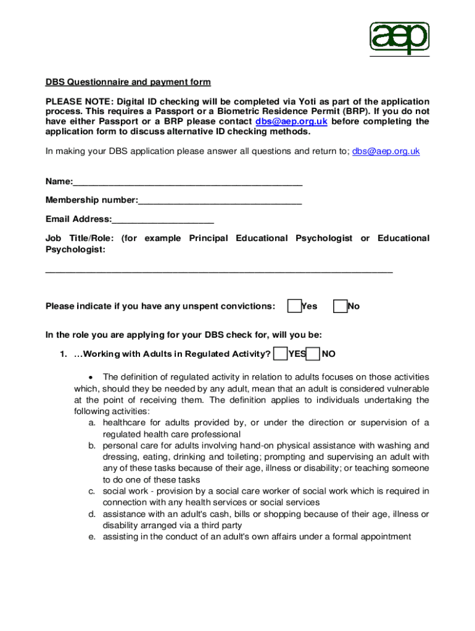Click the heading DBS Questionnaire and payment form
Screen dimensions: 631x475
pos(128,82)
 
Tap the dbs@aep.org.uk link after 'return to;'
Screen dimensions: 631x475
pos(386,151)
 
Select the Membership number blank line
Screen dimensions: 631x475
pos(220,200)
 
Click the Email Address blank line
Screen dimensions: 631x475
pos(163,219)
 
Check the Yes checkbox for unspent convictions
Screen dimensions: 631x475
pos(295,306)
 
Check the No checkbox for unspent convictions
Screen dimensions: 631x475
pos(340,306)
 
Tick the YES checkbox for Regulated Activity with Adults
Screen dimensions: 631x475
pos(281,354)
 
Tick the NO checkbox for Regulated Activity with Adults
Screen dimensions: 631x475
pos(313,354)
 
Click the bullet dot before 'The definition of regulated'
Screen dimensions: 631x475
pos(91,377)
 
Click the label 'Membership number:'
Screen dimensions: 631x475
pos(91,200)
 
